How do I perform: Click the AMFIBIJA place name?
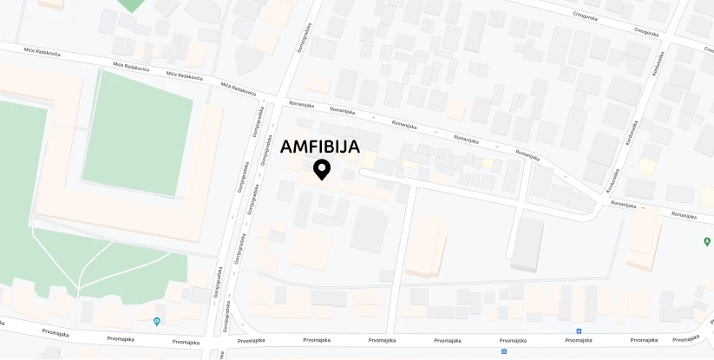[319, 147]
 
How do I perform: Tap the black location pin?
[322, 169]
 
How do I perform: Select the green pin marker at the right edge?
[706, 241]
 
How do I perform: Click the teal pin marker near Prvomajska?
[156, 322]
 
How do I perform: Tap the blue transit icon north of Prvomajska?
[579, 331]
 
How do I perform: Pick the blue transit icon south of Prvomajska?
[504, 352]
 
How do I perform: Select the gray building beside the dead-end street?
[527, 244]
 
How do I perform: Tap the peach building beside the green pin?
[644, 240]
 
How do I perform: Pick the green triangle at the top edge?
[131, 5]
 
